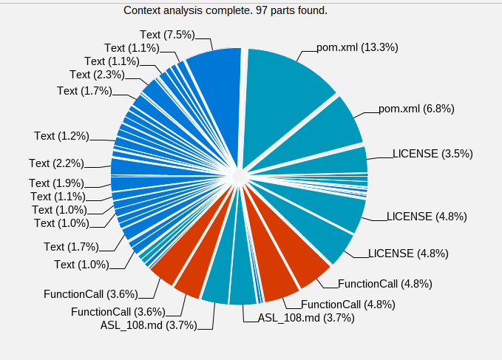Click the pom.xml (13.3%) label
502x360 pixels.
357,47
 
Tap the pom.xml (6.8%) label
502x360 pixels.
416,109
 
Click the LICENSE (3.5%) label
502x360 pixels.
433,154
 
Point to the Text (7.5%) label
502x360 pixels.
168,34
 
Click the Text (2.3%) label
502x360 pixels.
97,75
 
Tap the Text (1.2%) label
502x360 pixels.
61,136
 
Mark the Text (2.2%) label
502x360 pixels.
56,163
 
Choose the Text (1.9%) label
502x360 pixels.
56,183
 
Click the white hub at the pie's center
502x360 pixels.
239,177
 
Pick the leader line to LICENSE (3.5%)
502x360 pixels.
381,157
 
